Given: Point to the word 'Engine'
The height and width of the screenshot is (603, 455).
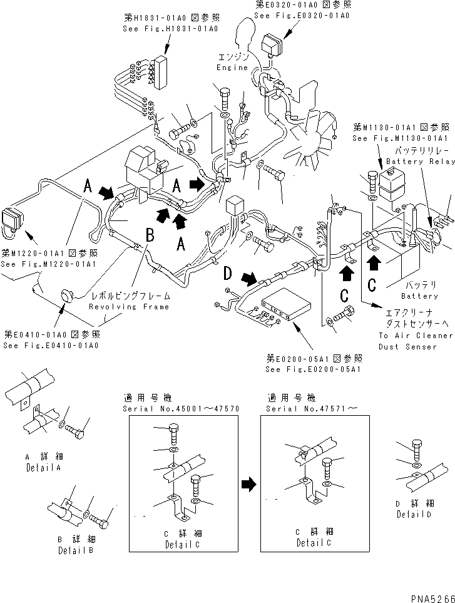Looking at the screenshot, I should click(232, 68).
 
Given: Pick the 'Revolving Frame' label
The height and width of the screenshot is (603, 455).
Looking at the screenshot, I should click(129, 307).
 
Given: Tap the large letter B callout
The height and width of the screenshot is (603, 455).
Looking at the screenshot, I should click(150, 235).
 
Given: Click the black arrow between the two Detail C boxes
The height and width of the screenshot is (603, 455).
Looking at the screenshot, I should click(248, 483).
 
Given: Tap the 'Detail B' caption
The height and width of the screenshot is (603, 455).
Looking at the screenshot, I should click(76, 550).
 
